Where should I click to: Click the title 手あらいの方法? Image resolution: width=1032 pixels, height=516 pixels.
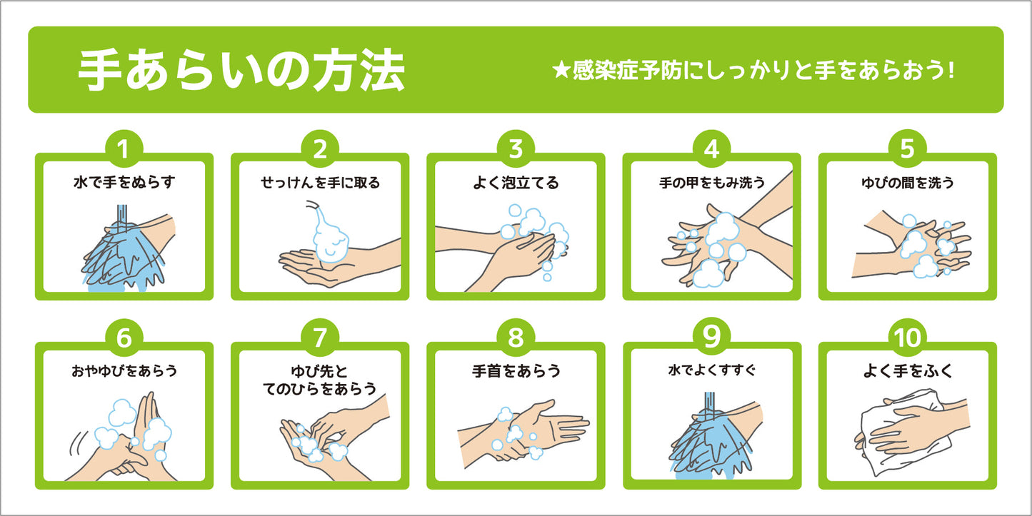[x=242, y=70]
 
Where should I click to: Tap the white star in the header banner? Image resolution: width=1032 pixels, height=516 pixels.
[x=561, y=71]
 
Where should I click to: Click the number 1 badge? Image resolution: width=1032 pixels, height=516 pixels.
[x=124, y=148]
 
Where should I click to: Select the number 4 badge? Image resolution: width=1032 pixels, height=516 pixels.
[x=711, y=148]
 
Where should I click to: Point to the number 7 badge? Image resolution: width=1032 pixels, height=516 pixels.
[x=320, y=338]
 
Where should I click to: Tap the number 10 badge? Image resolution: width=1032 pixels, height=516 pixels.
[x=907, y=338]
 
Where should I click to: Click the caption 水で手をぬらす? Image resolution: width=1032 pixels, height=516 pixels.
[x=124, y=182]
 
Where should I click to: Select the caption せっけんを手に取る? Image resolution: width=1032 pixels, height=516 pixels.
[x=320, y=183]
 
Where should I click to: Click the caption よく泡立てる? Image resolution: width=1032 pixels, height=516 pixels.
[x=516, y=183]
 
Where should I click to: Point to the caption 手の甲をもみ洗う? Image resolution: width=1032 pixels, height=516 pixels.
[x=712, y=183]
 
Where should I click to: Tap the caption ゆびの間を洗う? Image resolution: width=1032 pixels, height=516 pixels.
[x=908, y=183]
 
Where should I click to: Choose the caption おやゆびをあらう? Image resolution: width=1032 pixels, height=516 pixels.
[x=124, y=370]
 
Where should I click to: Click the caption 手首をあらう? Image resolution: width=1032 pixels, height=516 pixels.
[x=516, y=370]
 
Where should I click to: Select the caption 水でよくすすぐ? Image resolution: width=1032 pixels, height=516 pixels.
[x=712, y=370]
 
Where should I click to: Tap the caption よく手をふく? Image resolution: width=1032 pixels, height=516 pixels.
[x=908, y=370]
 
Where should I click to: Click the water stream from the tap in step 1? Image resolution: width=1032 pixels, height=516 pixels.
[x=122, y=218]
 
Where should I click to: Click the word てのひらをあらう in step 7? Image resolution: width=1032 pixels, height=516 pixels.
[x=320, y=389]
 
